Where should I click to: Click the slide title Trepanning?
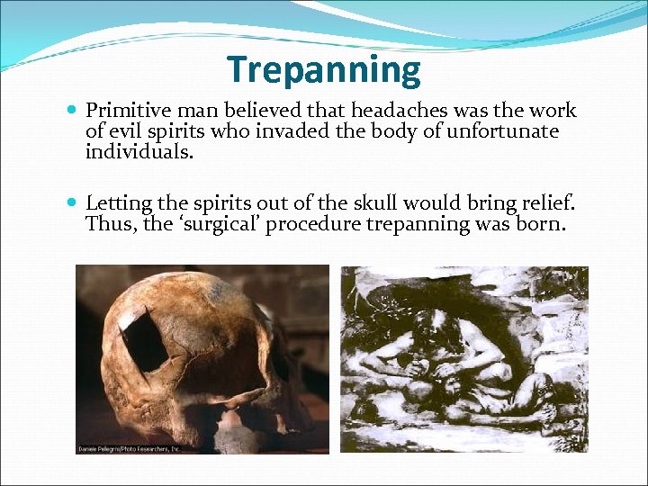click(x=324, y=70)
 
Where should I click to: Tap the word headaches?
click(x=392, y=112)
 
